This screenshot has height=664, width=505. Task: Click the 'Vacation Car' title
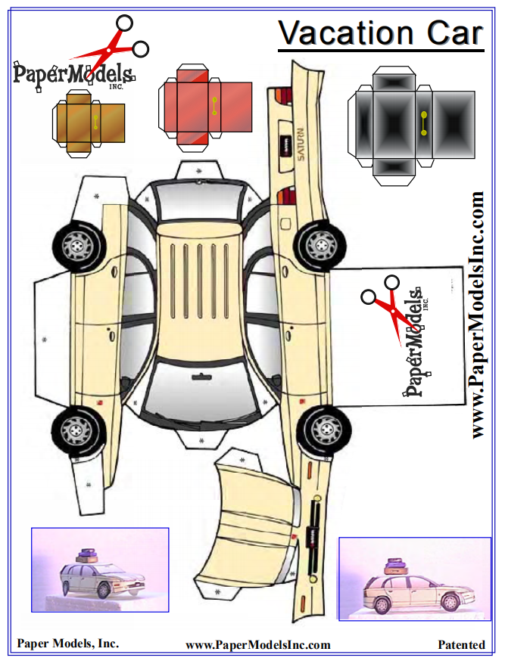pyautogui.click(x=380, y=33)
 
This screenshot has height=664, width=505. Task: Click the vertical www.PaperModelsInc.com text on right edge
pyautogui.click(x=478, y=315)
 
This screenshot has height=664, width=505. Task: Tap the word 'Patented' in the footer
pyautogui.click(x=461, y=645)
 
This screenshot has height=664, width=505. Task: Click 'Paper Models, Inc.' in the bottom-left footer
pyautogui.click(x=68, y=644)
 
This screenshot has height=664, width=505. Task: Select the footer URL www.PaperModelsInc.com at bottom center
pyautogui.click(x=258, y=645)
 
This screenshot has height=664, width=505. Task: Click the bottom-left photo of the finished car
pyautogui.click(x=100, y=569)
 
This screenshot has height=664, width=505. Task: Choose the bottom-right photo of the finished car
pyautogui.click(x=414, y=578)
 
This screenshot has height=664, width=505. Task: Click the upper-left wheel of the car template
pyautogui.click(x=77, y=246)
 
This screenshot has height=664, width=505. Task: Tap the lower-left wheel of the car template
pyautogui.click(x=76, y=430)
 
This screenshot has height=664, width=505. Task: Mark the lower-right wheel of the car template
pyautogui.click(x=323, y=430)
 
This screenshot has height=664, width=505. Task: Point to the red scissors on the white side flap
pyautogui.click(x=386, y=309)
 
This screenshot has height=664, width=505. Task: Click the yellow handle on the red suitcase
pyautogui.click(x=214, y=107)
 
